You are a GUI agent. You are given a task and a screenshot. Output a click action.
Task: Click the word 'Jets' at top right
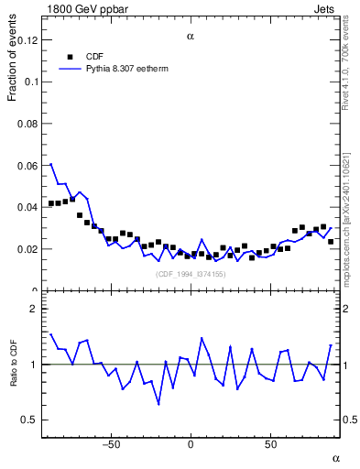tap(325, 8)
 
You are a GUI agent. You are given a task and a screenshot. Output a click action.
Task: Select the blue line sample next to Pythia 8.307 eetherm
tap(70, 68)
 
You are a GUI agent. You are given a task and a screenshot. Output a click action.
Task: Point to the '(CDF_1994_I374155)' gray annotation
tap(191, 274)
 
